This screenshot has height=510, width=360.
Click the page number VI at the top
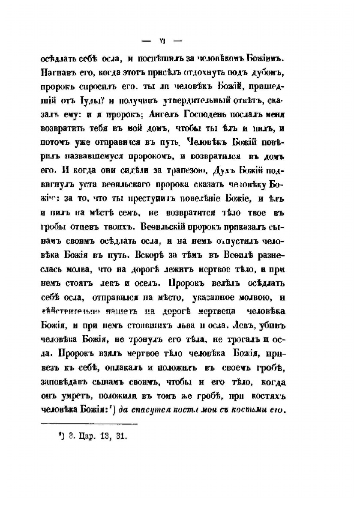coord(162,42)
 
